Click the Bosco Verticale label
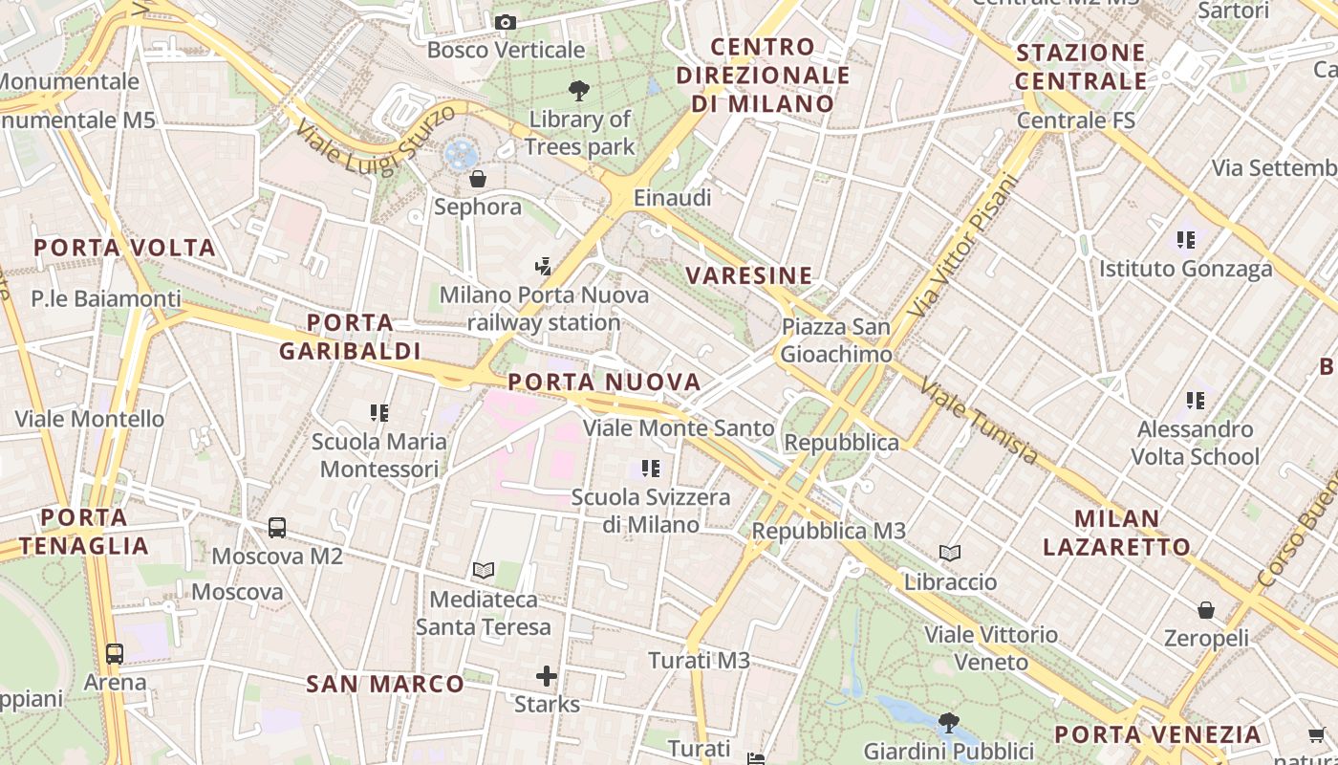[x=506, y=50]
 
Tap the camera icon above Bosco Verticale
[x=506, y=22]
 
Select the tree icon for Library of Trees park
[x=578, y=92]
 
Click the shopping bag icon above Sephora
[x=478, y=179]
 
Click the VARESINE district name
[x=749, y=275]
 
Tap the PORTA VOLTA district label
[x=124, y=248]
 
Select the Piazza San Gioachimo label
[x=836, y=340]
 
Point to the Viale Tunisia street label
[x=979, y=421]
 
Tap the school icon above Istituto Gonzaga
[x=1186, y=240]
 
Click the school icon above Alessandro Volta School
[x=1196, y=401]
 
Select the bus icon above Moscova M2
[x=277, y=527]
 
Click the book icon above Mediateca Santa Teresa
[x=484, y=571]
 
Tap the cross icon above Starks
[x=547, y=677]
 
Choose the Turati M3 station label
[x=699, y=660]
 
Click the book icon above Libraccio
[x=950, y=553]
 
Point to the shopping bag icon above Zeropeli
[x=1206, y=609]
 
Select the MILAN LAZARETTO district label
[x=1116, y=533]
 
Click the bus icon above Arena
[x=115, y=654]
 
